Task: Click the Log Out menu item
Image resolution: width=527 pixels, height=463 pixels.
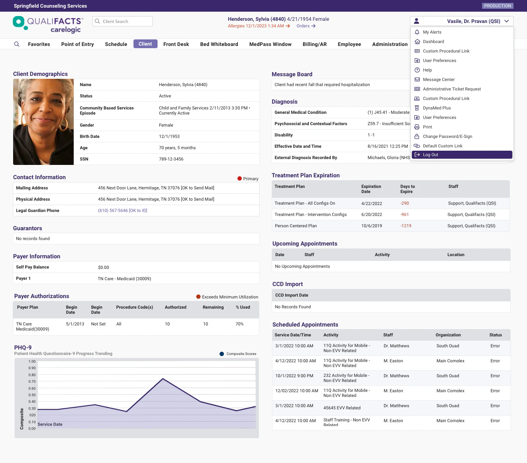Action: click(x=430, y=155)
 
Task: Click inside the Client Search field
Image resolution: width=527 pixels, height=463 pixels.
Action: click(x=124, y=22)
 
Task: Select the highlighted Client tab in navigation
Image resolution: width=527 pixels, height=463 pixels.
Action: click(x=145, y=44)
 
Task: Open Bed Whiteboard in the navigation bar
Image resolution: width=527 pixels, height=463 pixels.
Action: click(x=219, y=44)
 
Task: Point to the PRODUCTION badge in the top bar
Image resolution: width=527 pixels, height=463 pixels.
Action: click(x=497, y=6)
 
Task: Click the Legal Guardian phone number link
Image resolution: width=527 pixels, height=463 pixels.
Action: click(x=123, y=211)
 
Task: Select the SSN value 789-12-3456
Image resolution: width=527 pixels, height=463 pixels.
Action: click(x=171, y=159)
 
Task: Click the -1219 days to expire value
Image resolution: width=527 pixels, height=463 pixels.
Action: click(x=406, y=226)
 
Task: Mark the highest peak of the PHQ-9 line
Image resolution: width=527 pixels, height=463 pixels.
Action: click(x=163, y=379)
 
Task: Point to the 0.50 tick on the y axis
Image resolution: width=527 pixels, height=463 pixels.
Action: click(x=32, y=395)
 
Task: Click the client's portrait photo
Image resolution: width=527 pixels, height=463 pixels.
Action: click(x=43, y=122)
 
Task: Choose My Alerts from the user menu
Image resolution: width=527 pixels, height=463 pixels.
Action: click(x=432, y=32)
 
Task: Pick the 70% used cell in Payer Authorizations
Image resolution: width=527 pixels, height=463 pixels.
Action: click(x=239, y=324)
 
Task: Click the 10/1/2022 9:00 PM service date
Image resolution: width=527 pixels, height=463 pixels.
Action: click(x=294, y=376)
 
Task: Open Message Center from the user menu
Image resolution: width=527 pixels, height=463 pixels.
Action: click(x=438, y=80)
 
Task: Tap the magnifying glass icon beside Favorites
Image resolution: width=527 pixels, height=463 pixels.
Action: click(x=17, y=44)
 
